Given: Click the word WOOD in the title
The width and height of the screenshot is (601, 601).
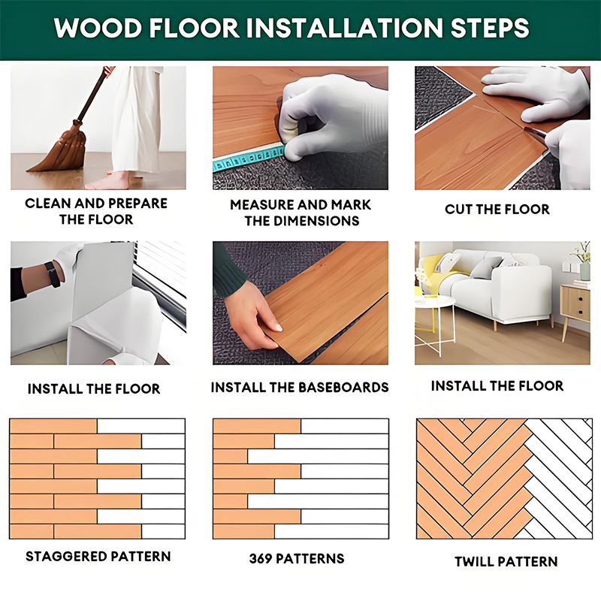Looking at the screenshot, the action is [x=98, y=28].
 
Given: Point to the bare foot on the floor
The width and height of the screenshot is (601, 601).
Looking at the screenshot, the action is [x=108, y=181].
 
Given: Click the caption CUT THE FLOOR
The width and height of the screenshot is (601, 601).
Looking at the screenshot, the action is [x=497, y=210].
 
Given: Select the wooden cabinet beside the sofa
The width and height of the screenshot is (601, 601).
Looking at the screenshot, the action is [x=575, y=307].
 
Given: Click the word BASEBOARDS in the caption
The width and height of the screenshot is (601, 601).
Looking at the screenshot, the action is [x=343, y=388].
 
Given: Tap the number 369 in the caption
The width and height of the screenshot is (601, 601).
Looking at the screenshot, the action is [x=260, y=558].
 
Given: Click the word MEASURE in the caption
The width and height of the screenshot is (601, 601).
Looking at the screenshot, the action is [x=261, y=205].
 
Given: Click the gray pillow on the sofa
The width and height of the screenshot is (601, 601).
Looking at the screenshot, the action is [x=486, y=267].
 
